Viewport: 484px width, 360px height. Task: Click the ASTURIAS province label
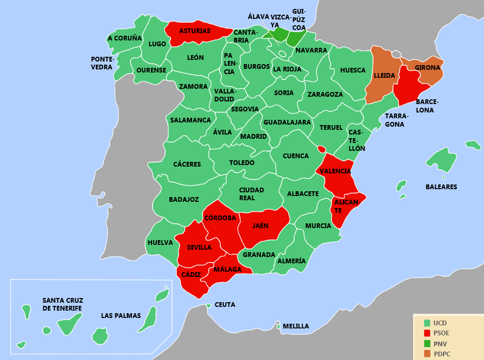coord(195,31)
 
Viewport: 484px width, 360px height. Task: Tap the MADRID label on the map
coord(254,137)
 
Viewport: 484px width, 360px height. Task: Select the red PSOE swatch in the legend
coord(427,333)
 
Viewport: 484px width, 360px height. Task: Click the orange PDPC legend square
coord(427,354)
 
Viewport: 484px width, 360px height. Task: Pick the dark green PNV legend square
coord(427,344)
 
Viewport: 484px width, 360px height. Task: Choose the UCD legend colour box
coord(427,323)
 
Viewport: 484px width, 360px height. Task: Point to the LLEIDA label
coord(384,76)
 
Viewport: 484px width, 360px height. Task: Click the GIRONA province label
coord(427,68)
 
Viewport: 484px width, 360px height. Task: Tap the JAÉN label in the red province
coord(260,226)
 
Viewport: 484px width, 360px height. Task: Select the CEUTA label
coord(225,305)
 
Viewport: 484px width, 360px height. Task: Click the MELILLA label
coord(296,326)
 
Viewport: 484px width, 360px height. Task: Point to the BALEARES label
coord(441,187)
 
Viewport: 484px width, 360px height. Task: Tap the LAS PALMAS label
coord(121,316)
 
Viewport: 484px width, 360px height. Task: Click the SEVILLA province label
coord(199,248)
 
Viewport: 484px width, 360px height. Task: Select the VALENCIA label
coord(336,171)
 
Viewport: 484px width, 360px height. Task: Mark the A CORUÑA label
coord(125,38)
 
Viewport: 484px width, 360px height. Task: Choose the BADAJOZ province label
coord(184,200)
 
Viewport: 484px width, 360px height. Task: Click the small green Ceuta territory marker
coord(209,305)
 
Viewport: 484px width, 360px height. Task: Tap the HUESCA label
coord(352,70)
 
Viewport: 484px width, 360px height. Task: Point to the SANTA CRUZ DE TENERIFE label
coord(63,304)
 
